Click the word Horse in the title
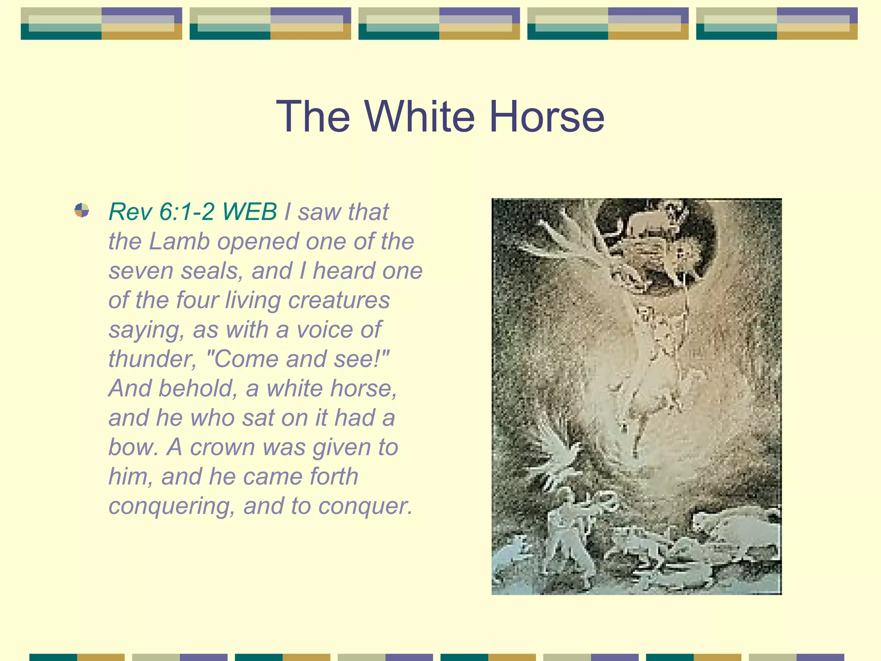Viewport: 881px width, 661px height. point(547,117)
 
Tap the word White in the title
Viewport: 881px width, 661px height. point(419,117)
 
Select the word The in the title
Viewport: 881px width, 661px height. point(313,117)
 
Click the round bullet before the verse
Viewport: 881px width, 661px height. point(82,210)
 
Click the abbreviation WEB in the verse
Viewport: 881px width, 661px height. point(250,212)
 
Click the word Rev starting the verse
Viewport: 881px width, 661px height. point(130,212)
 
